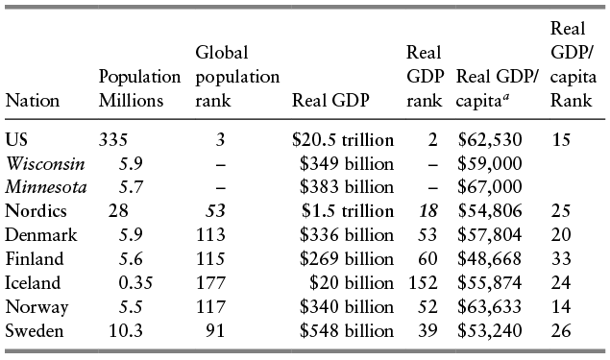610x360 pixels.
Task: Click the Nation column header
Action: (x=33, y=100)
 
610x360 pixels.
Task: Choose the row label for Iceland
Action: (x=33, y=283)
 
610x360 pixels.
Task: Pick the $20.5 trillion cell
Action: (x=342, y=139)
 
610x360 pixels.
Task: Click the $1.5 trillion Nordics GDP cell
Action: (x=347, y=211)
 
